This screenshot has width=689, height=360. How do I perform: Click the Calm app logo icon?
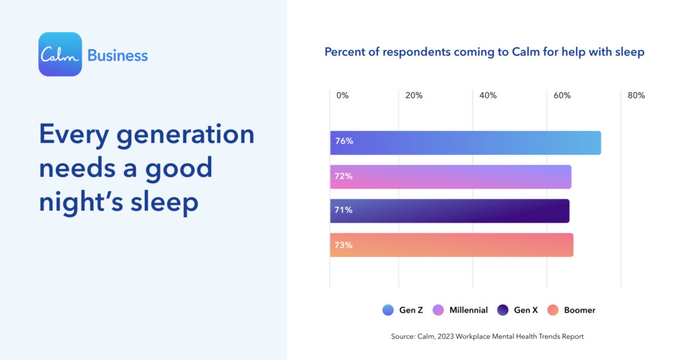click(x=60, y=55)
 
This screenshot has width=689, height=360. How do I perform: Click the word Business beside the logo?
click(x=117, y=55)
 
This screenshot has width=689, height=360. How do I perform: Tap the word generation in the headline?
click(x=186, y=134)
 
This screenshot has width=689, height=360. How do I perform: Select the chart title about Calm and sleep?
click(x=484, y=52)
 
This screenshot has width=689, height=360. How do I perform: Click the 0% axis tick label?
click(x=342, y=96)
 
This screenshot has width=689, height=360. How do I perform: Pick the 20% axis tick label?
click(x=414, y=96)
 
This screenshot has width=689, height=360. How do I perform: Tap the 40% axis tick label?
click(x=488, y=96)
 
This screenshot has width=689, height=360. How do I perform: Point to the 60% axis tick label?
click(x=562, y=96)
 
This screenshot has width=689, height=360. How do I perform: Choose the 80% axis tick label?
click(x=636, y=96)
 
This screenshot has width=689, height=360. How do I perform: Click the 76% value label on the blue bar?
click(x=343, y=142)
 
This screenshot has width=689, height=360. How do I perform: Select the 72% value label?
click(x=343, y=176)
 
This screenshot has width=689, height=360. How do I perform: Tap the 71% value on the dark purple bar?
click(x=343, y=211)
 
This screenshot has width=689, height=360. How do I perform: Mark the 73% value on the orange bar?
click(x=343, y=245)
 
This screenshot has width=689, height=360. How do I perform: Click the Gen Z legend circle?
click(x=388, y=310)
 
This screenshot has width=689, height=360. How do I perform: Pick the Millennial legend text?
click(x=469, y=310)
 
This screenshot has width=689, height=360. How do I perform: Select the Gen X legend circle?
click(x=503, y=310)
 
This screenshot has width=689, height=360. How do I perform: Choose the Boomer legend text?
click(x=579, y=310)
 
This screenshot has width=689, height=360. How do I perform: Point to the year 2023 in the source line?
click(x=446, y=336)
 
